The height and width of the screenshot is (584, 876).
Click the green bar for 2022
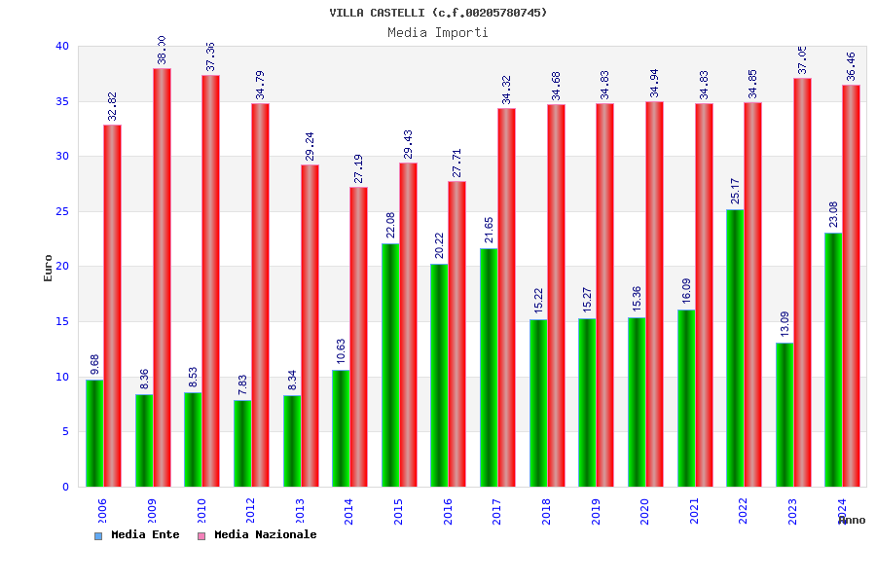pyautogui.click(x=735, y=347)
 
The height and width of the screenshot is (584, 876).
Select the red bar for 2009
pyautogui.click(x=162, y=277)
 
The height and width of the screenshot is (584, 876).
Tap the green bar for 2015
pyautogui.click(x=390, y=365)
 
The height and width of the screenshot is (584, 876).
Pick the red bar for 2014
pyautogui.click(x=359, y=337)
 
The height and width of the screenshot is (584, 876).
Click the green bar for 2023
pyautogui.click(x=785, y=415)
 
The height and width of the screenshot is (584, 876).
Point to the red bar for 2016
pyautogui.click(x=457, y=334)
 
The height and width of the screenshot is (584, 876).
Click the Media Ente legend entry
pyautogui.click(x=137, y=535)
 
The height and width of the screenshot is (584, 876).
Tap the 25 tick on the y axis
pyautogui.click(x=62, y=211)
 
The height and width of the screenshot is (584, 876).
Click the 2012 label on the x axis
pyautogui.click(x=250, y=511)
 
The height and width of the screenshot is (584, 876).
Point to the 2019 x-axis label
pyautogui.click(x=595, y=511)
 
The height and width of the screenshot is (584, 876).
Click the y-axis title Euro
pyautogui.click(x=49, y=268)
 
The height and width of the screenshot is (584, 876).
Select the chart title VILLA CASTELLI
pyautogui.click(x=438, y=13)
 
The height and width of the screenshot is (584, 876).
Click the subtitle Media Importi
pyautogui.click(x=438, y=32)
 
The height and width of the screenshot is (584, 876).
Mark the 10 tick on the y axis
pyautogui.click(x=62, y=377)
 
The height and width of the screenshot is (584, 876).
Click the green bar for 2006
pyautogui.click(x=94, y=433)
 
